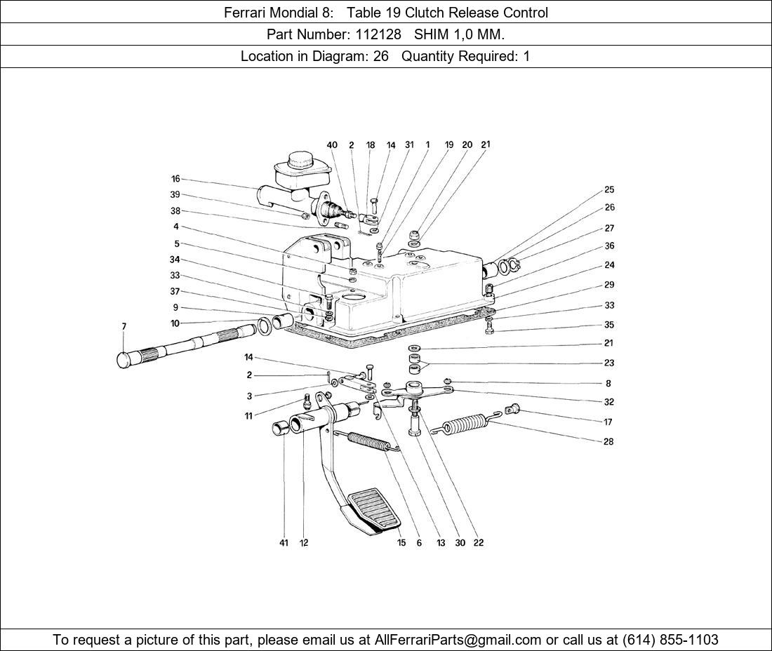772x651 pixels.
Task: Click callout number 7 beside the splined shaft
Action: click(x=124, y=326)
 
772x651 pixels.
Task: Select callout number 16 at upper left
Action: click(x=175, y=179)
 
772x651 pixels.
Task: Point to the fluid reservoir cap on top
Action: click(x=299, y=166)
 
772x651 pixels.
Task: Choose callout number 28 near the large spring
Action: click(x=608, y=442)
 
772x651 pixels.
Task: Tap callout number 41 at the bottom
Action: click(x=284, y=542)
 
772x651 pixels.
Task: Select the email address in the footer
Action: click(x=458, y=640)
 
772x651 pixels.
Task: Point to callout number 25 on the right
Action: click(x=609, y=189)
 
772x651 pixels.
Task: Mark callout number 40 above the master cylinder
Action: click(x=332, y=145)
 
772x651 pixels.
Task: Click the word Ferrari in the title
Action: click(x=246, y=13)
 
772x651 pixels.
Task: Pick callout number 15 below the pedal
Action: click(x=401, y=542)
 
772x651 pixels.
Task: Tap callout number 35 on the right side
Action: click(x=609, y=325)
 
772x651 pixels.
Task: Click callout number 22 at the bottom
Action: click(x=479, y=542)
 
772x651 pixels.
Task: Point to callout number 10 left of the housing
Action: click(x=175, y=323)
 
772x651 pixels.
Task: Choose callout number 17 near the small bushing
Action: click(x=608, y=422)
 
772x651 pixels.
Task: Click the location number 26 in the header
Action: click(x=380, y=56)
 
